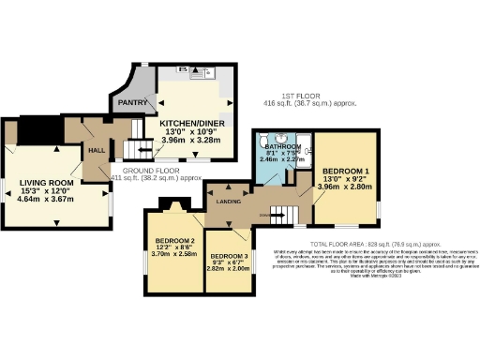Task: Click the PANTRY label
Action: (x=129, y=104)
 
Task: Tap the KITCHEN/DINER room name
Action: (x=190, y=123)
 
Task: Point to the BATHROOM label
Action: (x=280, y=147)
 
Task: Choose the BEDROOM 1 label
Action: (x=346, y=172)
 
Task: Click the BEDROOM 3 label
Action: (x=228, y=256)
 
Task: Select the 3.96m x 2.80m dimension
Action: (x=348, y=186)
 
